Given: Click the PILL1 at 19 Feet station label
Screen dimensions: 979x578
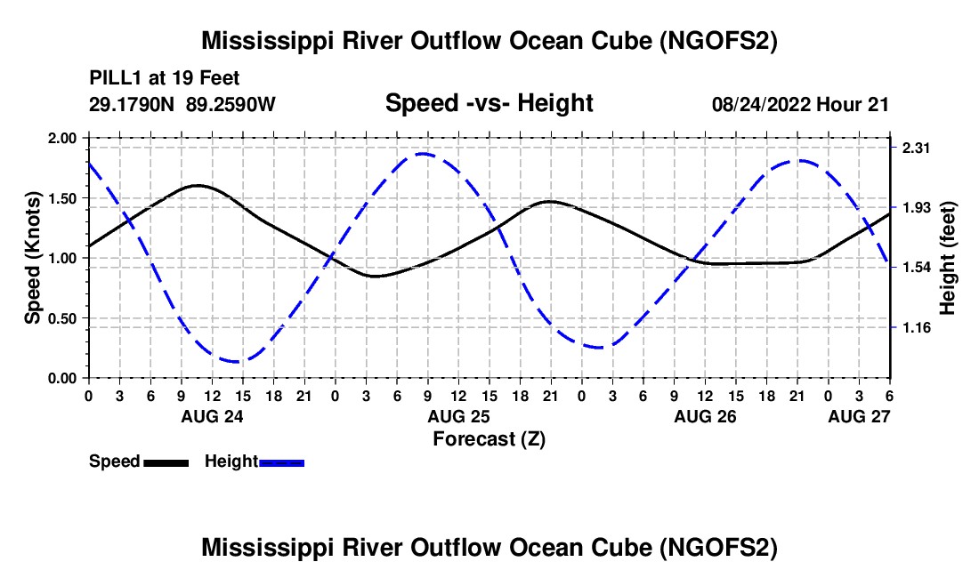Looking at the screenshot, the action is pyautogui.click(x=165, y=78).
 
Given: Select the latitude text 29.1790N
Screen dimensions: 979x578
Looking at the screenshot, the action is pyautogui.click(x=132, y=104).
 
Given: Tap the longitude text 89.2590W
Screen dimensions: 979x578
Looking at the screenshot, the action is pyautogui.click(x=231, y=104).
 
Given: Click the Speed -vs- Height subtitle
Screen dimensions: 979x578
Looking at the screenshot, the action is pyautogui.click(x=489, y=103).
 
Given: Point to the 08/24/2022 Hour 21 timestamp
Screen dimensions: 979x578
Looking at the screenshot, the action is pyautogui.click(x=800, y=104).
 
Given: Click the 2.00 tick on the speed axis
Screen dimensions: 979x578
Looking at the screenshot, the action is pyautogui.click(x=61, y=138).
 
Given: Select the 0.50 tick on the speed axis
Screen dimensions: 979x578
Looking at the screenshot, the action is pyautogui.click(x=61, y=318).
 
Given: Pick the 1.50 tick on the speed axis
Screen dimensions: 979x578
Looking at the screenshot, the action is pyautogui.click(x=61, y=198).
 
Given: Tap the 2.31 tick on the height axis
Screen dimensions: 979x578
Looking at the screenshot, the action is pyautogui.click(x=916, y=148).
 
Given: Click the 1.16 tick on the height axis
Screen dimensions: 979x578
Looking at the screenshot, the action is pyautogui.click(x=916, y=327).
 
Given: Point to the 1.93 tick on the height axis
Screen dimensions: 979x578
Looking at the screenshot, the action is pyautogui.click(x=916, y=207).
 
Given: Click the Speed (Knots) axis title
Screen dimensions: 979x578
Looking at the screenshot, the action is pyautogui.click(x=32, y=258).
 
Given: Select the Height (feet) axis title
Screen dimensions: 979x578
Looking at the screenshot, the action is pyautogui.click(x=948, y=258).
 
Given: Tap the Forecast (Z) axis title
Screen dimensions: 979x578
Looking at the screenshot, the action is pyautogui.click(x=489, y=439).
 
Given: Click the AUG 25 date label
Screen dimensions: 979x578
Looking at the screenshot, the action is pyautogui.click(x=458, y=416).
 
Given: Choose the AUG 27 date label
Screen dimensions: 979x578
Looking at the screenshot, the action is pyautogui.click(x=859, y=416).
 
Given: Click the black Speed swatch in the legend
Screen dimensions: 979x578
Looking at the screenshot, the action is pyautogui.click(x=166, y=463).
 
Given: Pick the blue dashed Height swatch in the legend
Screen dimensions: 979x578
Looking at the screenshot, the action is pyautogui.click(x=281, y=463).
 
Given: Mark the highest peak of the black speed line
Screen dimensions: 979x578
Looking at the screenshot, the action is pyautogui.click(x=198, y=185).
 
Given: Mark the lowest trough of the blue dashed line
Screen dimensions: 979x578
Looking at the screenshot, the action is pyautogui.click(x=238, y=362).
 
